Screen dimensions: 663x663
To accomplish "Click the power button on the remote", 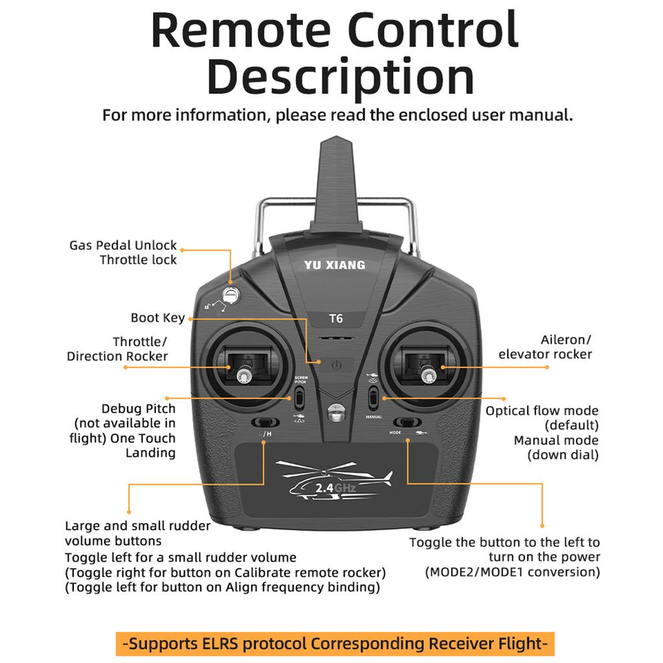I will [x=335, y=365].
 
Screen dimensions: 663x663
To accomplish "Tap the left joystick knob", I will [x=244, y=374].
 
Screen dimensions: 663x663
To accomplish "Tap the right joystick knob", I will [x=427, y=374].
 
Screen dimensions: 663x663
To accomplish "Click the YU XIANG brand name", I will [x=335, y=265].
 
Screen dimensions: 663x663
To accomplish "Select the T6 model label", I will [x=335, y=319].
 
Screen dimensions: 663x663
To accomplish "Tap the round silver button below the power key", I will [x=335, y=412].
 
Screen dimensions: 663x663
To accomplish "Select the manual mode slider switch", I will [x=374, y=398].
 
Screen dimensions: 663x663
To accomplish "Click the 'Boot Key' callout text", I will [x=157, y=318].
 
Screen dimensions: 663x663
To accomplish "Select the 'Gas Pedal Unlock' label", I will [x=123, y=245].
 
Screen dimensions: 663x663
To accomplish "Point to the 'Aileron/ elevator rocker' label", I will [x=545, y=347].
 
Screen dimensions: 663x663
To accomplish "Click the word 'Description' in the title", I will [x=341, y=76].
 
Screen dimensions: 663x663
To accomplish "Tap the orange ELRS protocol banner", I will [x=335, y=644].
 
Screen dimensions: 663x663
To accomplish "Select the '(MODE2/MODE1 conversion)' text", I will [x=512, y=572].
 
